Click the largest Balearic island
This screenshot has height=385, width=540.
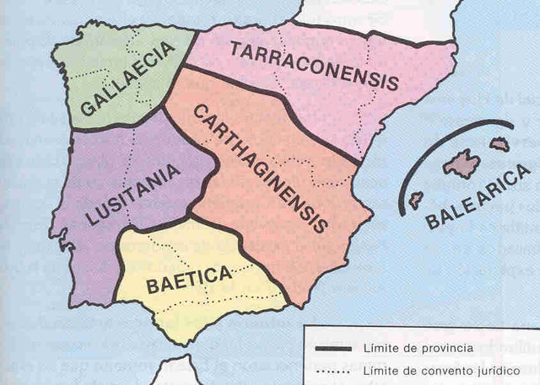[x=462, y=163]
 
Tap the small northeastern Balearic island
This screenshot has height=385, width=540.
[x=499, y=144]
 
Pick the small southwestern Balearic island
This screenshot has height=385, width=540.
[x=415, y=200]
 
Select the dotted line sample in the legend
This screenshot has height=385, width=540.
[x=333, y=371]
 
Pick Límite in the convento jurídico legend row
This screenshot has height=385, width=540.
[x=381, y=371]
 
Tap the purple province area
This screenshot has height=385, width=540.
[x=93, y=244]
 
